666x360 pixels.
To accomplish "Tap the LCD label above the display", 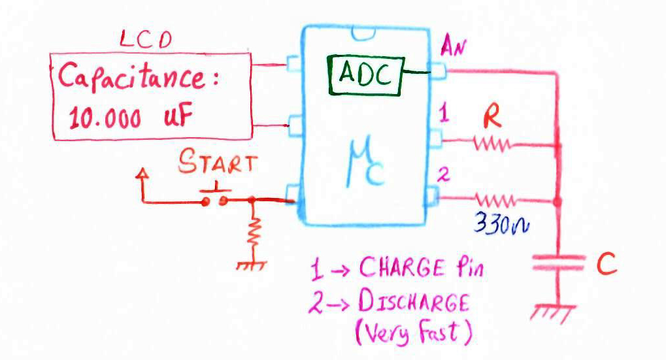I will coord(145,41).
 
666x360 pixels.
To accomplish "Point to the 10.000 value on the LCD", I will coord(104,118).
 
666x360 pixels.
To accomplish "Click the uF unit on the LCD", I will coord(176,118).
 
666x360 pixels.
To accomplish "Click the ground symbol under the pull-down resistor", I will coord(250,265).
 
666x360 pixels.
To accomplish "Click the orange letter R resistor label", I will coord(491,118).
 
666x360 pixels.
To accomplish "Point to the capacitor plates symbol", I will coord(558,263).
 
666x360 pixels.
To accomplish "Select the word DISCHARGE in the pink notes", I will coord(413,303).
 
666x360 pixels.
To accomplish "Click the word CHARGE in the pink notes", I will coord(399,268).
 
